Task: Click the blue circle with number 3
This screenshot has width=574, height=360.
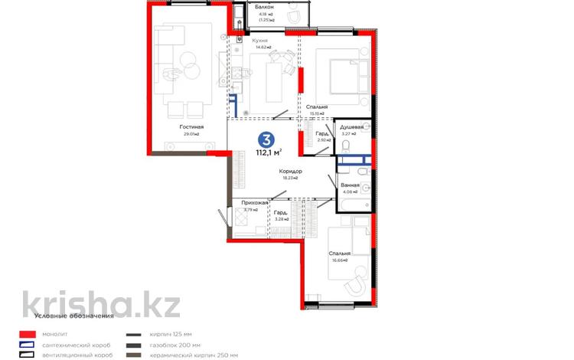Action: click(x=266, y=139)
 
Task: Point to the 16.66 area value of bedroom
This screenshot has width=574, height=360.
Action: click(x=340, y=260)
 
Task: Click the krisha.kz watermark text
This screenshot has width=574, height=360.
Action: click(x=101, y=303)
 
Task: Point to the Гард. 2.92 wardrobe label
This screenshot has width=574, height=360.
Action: click(x=322, y=136)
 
